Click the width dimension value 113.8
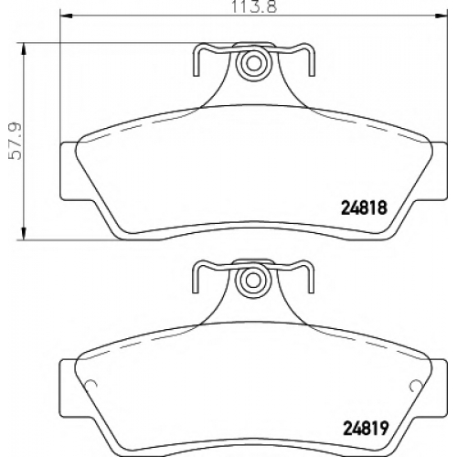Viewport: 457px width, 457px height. pyautogui.click(x=254, y=6)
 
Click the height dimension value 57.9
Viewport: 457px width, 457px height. pyautogui.click(x=16, y=141)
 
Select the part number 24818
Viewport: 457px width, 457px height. pyautogui.click(x=365, y=208)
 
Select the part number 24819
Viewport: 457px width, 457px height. pyautogui.click(x=366, y=428)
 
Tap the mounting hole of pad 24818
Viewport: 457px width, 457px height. pyautogui.click(x=252, y=64)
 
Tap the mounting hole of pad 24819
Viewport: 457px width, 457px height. pyautogui.click(x=252, y=281)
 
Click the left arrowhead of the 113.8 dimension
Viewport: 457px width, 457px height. pyautogui.click(x=66, y=15)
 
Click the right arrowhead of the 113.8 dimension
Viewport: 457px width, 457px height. pyautogui.click(x=441, y=15)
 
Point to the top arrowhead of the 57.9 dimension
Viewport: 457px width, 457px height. pyautogui.click(x=24, y=48)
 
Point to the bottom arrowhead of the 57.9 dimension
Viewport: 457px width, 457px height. pyautogui.click(x=24, y=234)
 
